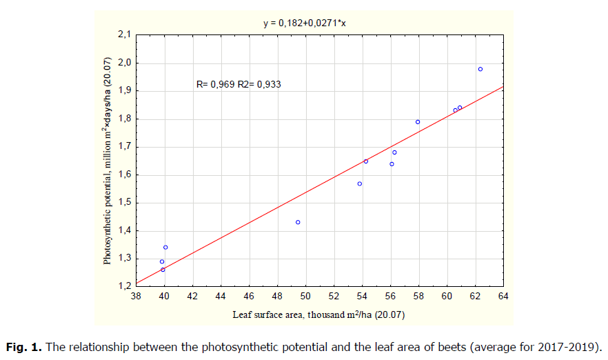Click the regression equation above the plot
309,23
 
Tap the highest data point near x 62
480,69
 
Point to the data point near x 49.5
298,222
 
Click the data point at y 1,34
165,247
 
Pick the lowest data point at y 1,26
163,270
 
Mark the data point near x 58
418,122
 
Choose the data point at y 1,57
360,183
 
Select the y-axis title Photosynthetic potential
109,160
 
